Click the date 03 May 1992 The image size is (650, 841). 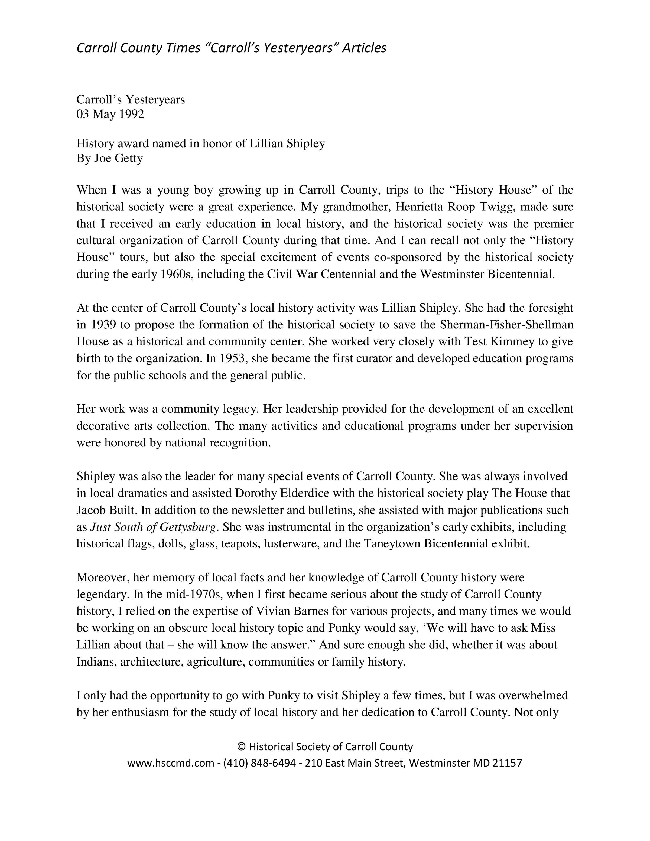(110, 114)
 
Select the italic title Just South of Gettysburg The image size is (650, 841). (153, 527)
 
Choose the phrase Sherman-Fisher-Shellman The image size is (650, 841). (507, 325)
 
